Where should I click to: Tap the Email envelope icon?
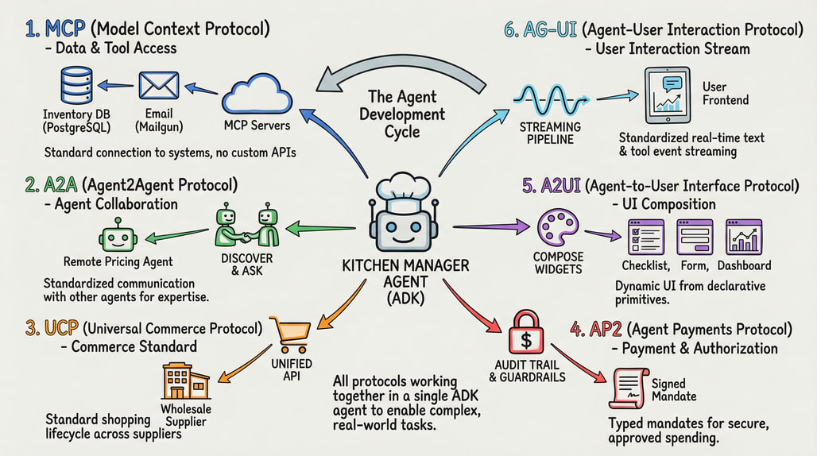click(157, 87)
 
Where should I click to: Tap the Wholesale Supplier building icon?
click(185, 383)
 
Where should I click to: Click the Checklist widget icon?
click(645, 236)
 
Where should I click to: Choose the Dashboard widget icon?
click(744, 236)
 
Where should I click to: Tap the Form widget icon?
click(695, 236)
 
